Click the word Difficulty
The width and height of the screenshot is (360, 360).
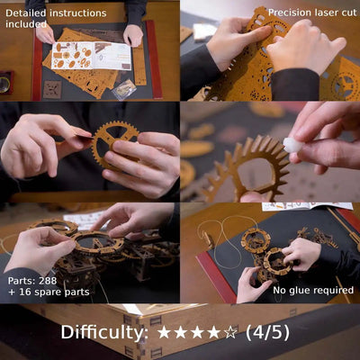point(104,332)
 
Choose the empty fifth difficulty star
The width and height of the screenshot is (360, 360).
point(230,332)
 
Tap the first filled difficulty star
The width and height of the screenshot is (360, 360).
point(164,332)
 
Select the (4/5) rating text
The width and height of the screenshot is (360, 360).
point(267,332)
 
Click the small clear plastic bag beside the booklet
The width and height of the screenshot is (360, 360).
point(124,88)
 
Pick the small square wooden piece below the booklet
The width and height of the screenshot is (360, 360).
point(53,89)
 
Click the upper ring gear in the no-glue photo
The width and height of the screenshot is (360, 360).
point(255,240)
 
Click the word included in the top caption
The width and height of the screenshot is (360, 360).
point(27,24)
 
